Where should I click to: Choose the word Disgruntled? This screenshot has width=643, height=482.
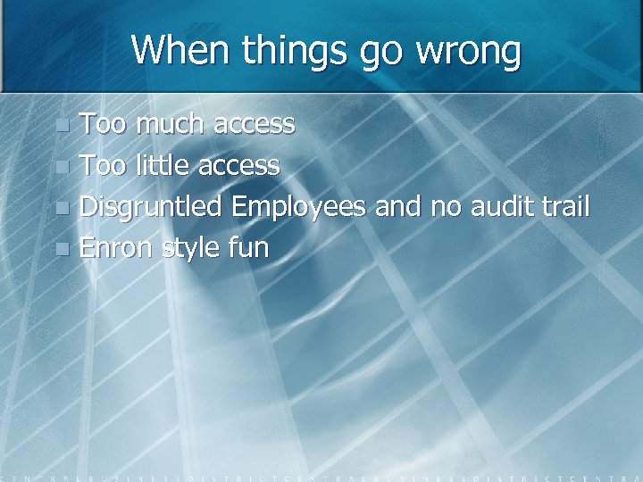[150, 207]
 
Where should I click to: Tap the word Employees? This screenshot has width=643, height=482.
[298, 207]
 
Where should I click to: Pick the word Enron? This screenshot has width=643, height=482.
[116, 247]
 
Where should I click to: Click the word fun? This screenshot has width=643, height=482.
[247, 247]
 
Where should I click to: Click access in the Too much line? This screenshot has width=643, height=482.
[254, 124]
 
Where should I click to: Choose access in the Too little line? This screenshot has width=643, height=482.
[238, 165]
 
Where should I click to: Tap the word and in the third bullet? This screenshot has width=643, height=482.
[398, 206]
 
